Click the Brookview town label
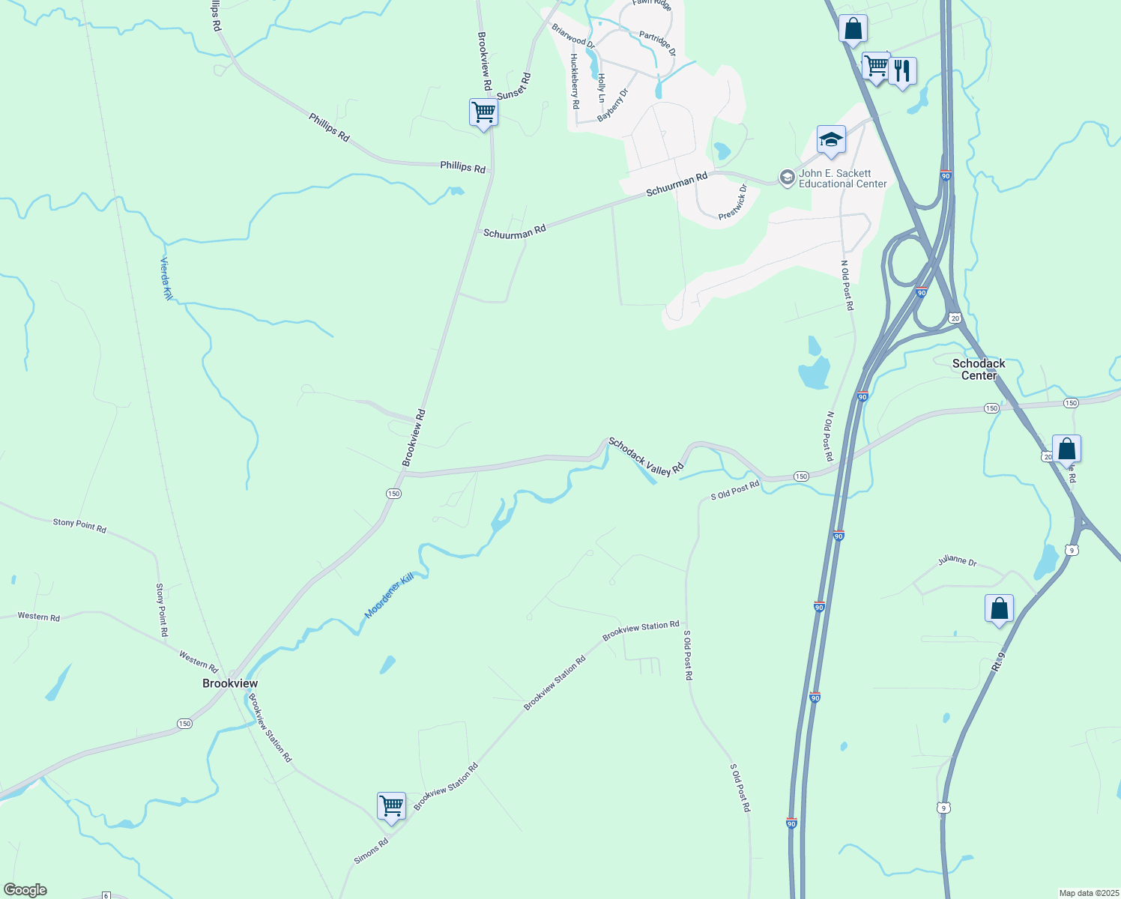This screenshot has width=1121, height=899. coord(230,683)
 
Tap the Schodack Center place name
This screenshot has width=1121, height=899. coord(979,369)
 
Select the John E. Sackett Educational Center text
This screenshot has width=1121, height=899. coord(842,178)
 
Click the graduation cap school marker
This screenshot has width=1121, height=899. coord(831,140)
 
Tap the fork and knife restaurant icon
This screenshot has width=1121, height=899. coord(902,72)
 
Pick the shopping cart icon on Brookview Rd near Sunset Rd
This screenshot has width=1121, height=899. coord(483,113)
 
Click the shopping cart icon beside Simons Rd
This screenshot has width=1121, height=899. coord(391,807)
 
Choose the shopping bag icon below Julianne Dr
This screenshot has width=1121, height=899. coord(999,609)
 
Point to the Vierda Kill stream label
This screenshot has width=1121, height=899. coord(166,279)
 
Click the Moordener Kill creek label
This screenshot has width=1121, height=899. coord(389,596)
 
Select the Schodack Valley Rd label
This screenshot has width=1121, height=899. coord(646,456)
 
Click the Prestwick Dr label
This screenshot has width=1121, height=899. coord(733,202)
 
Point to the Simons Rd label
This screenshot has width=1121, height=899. coord(371,851)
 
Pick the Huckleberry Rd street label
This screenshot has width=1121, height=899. coord(575,82)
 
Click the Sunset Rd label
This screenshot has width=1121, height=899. coord(514,85)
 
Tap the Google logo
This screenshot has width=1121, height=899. coord(25,890)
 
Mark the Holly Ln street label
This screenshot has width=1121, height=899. coord(601,88)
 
